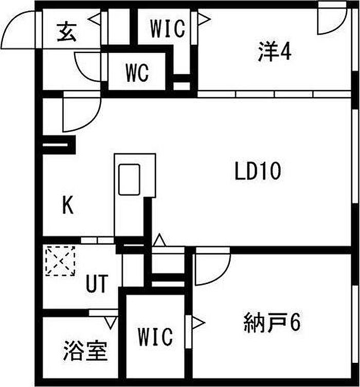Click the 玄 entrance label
point(66,32)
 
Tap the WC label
point(137,73)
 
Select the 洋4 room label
point(275,51)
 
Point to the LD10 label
point(258,171)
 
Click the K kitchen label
point(68,205)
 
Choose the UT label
point(97,284)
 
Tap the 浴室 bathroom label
point(85,351)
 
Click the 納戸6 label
point(272,322)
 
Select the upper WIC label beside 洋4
point(168,29)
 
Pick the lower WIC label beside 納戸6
point(155,337)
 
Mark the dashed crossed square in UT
point(60,260)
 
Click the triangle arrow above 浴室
point(111,323)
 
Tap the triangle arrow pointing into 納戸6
point(198,323)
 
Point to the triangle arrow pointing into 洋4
point(204,19)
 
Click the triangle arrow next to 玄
point(95,19)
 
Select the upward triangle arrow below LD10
point(159,240)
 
